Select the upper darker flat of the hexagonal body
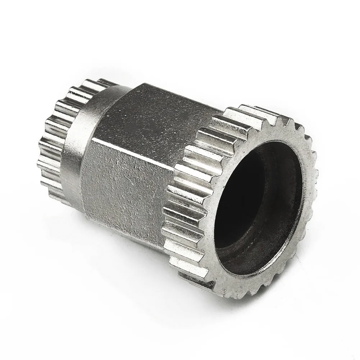[x=158, y=115]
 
